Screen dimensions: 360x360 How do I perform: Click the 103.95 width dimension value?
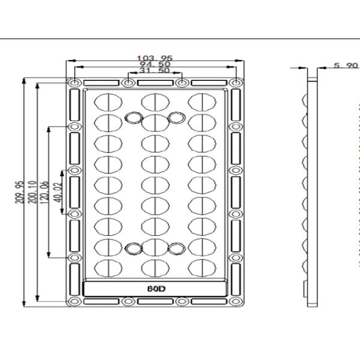[155, 58]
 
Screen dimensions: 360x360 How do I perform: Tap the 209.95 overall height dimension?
[20, 191]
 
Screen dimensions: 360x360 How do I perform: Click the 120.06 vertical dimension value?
[45, 191]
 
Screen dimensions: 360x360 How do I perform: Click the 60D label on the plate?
[156, 287]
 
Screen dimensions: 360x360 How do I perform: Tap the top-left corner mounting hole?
[74, 82]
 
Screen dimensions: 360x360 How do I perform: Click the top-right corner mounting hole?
[238, 82]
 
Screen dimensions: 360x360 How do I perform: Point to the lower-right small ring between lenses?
[175, 248]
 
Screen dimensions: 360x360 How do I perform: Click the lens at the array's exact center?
[155, 183]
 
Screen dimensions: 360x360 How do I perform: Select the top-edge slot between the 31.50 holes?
[155, 82]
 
